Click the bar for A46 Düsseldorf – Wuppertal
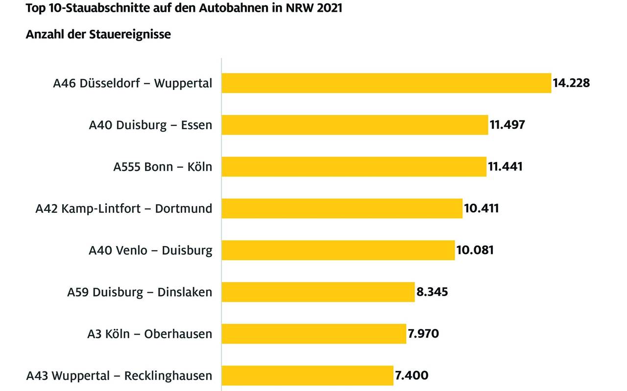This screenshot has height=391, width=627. point(386,83)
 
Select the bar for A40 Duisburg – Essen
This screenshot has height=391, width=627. point(355,125)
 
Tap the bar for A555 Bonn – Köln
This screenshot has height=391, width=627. point(354,166)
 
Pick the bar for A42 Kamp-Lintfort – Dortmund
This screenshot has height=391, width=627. point(342,208)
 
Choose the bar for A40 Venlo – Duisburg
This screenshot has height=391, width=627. point(338,250)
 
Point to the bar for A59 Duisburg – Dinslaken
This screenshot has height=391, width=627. point(318,292)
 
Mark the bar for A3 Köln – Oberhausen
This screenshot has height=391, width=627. point(313,334)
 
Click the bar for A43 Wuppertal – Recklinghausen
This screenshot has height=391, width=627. point(307,376)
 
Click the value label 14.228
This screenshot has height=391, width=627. point(571,83)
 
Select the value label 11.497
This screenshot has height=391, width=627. point(507,125)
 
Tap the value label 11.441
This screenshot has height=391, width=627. point(505,166)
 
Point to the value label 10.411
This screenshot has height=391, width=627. point(481,208)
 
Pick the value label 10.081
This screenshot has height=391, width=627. point(475,250)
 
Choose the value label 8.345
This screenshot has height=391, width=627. point(432,292)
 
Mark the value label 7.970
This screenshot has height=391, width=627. point(423,334)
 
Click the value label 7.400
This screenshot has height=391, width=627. point(411,376)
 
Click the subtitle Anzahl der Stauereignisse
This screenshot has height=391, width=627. point(98,35)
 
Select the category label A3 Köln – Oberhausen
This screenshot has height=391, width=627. point(149,334)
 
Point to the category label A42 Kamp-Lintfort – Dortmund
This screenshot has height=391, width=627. point(123,209)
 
